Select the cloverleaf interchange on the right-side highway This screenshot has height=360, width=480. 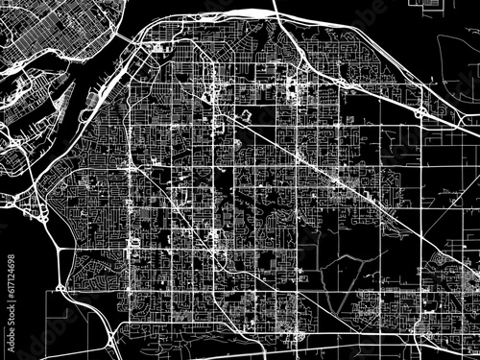pos(420,112)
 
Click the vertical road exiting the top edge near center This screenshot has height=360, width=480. pos(274,10)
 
